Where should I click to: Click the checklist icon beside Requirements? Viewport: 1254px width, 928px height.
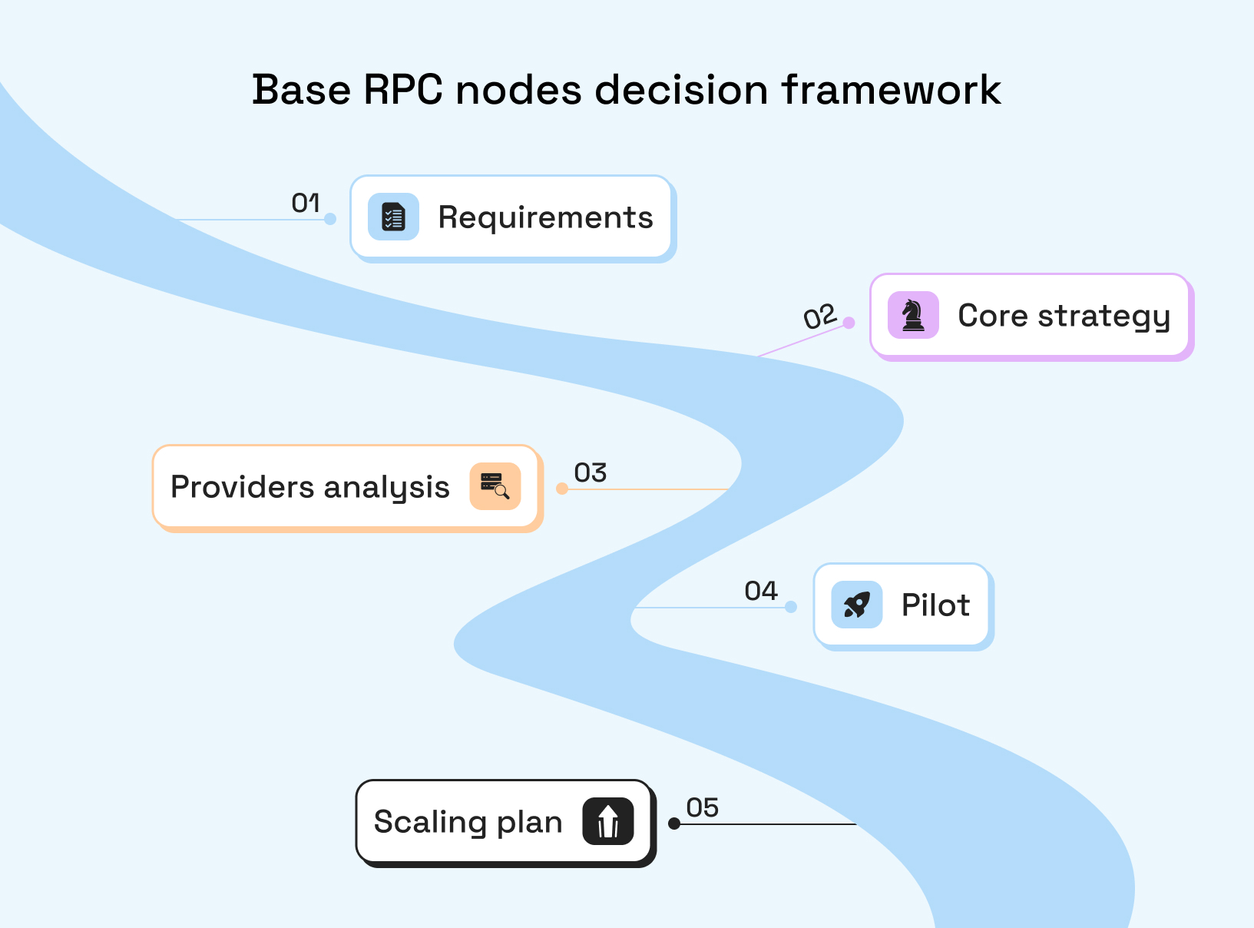tap(393, 217)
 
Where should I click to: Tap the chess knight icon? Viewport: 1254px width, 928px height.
tap(913, 315)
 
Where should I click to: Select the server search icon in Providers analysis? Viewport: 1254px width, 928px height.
tap(495, 486)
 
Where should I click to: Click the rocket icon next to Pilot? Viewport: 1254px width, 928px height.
tap(857, 605)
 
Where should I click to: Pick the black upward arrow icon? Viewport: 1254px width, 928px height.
tap(608, 821)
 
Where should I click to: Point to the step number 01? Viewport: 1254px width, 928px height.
tap(306, 203)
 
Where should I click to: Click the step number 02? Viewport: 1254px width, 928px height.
tap(819, 317)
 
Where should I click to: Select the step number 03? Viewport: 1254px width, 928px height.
tap(590, 472)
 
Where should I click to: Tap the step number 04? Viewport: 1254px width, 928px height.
tap(761, 591)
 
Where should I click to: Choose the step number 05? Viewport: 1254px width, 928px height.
tap(702, 807)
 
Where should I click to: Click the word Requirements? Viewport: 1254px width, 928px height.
tap(545, 218)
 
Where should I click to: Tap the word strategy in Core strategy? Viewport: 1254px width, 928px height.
tap(1103, 317)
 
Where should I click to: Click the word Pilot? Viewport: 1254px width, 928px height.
tap(935, 605)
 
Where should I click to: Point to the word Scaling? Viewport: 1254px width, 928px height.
tap(430, 822)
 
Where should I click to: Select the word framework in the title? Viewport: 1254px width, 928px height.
tap(891, 90)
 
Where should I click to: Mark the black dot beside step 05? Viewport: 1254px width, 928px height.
tap(674, 824)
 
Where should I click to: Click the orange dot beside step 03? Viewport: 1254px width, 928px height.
tap(562, 489)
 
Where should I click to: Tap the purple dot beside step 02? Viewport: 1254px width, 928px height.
tap(849, 323)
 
